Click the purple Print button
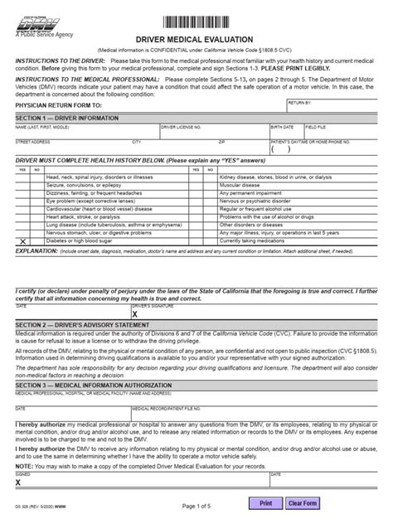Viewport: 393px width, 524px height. (x=265, y=502)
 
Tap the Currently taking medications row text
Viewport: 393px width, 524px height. (x=258, y=216)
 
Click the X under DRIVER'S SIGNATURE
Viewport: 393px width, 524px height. (x=135, y=315)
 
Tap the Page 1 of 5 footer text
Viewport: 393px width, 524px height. (x=196, y=504)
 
